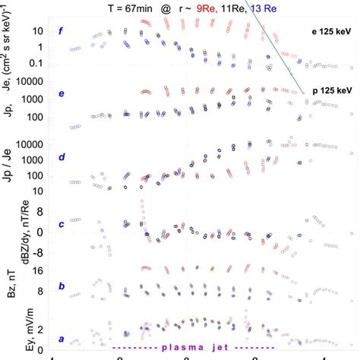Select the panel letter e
coord(71,94)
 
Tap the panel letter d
coord(71,158)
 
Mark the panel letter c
coord(71,223)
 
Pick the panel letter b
coord(71,286)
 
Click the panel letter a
coord(71,341)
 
